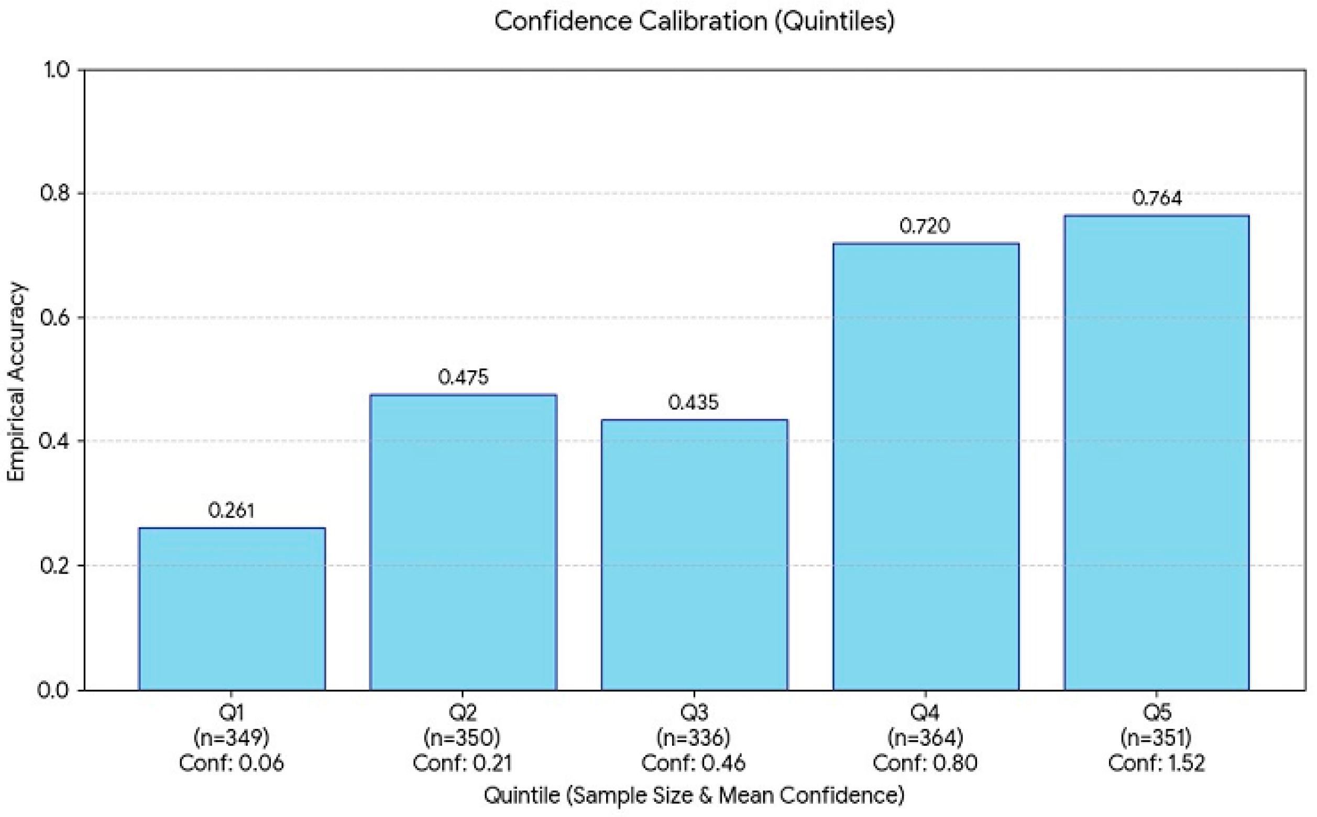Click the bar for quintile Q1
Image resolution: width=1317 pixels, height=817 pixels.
tap(232, 609)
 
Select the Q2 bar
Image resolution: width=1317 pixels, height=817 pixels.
tap(463, 542)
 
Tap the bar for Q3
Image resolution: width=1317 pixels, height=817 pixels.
tap(694, 555)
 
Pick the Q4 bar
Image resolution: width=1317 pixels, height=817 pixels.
tap(925, 466)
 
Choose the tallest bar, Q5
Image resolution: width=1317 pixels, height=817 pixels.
tap(1157, 452)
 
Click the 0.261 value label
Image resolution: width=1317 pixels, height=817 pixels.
tap(232, 510)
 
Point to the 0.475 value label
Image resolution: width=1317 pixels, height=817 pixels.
tap(463, 377)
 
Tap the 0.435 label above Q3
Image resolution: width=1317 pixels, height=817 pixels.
tap(694, 402)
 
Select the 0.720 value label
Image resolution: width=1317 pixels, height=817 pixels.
tap(925, 226)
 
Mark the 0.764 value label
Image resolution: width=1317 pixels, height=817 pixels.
tap(1157, 198)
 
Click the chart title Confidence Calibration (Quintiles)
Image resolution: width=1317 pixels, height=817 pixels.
tap(695, 21)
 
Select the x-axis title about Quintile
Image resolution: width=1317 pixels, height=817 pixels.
tap(694, 795)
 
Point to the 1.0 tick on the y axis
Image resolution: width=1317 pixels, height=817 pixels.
tap(56, 70)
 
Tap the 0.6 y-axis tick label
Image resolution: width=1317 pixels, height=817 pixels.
tap(55, 317)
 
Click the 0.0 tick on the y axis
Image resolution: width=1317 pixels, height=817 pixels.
tap(55, 691)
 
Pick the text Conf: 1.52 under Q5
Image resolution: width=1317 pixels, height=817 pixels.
tap(1157, 763)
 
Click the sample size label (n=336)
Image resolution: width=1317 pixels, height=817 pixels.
tap(694, 737)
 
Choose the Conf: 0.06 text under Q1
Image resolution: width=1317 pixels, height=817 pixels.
tap(232, 763)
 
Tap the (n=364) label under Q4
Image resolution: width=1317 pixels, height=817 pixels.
tap(925, 737)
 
